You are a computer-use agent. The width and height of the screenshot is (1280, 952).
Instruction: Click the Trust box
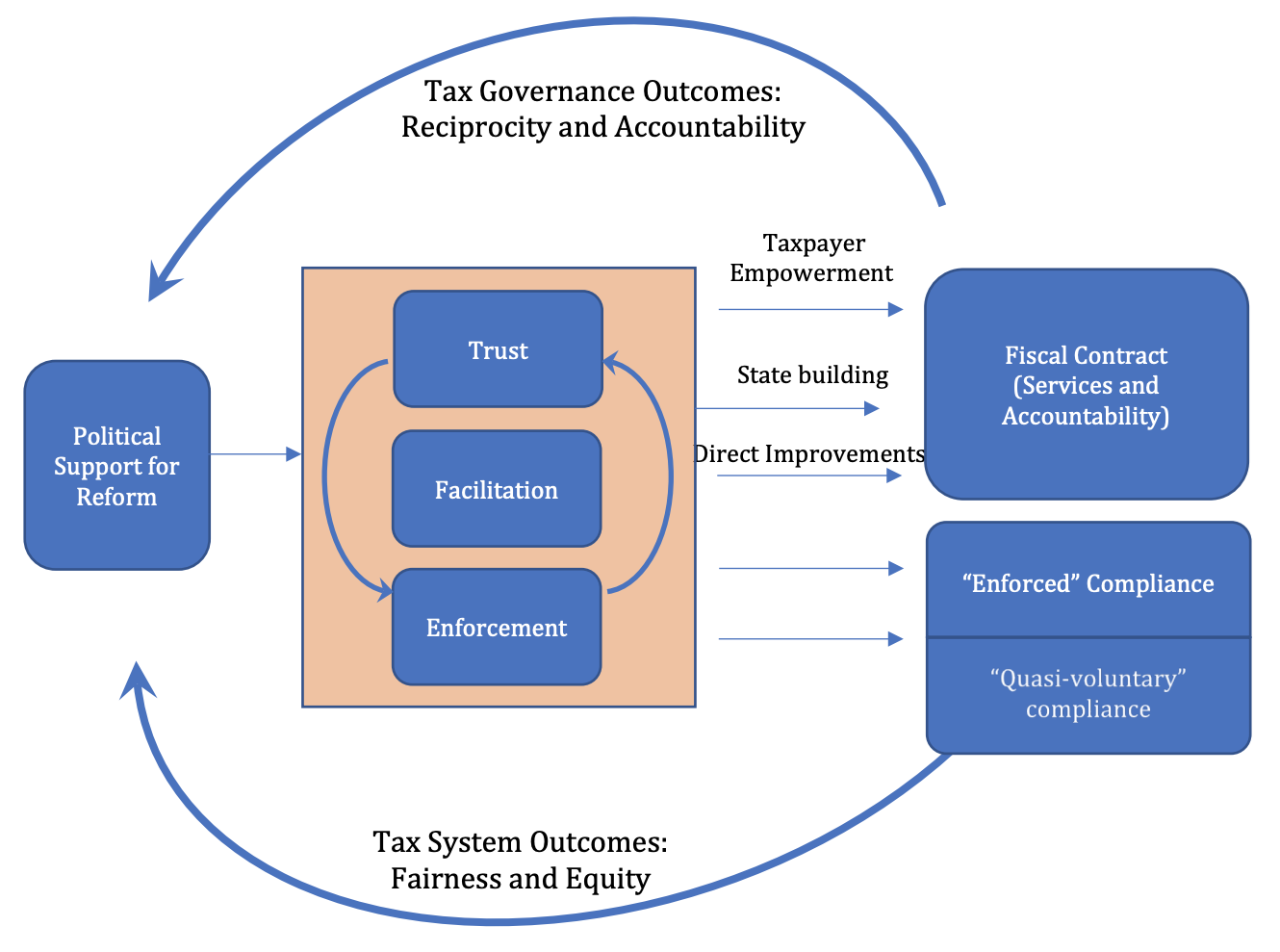coord(498,349)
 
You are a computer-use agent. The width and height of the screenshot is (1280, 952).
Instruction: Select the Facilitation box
coord(497,489)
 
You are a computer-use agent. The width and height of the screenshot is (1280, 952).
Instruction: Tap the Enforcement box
coord(497,628)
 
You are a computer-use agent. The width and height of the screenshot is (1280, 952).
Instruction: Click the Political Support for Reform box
coord(116,466)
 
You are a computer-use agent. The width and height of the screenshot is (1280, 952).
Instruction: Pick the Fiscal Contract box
coord(1086,385)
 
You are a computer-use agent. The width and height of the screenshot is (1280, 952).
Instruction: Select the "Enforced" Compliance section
coord(1088,582)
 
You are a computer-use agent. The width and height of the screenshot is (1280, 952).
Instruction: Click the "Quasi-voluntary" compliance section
coord(1088,694)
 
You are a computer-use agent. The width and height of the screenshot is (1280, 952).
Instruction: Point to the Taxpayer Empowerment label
coord(811,258)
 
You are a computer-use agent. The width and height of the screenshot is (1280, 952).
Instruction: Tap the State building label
coord(812,374)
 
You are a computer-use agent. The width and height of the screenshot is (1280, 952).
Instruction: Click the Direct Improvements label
coord(808,453)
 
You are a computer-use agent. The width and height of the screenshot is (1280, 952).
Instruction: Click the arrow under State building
coord(787,408)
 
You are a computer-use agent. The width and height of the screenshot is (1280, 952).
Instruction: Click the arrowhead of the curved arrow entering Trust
coord(610,363)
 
